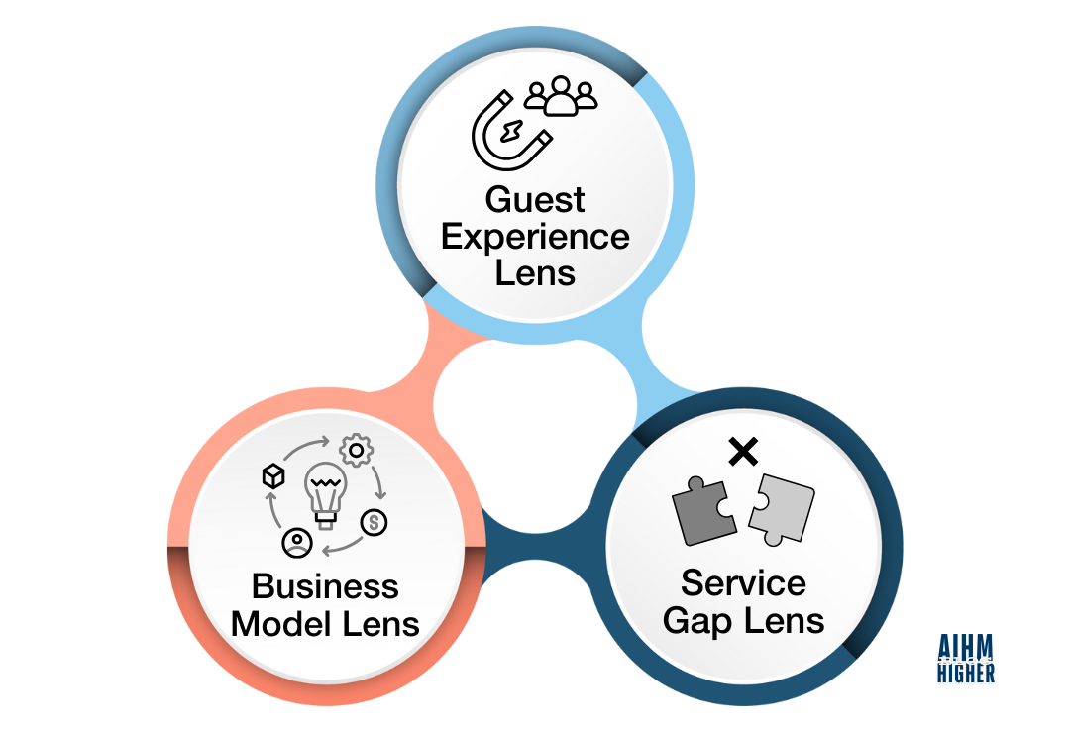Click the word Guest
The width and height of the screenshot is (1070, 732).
click(x=535, y=200)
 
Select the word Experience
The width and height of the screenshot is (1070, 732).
click(x=535, y=238)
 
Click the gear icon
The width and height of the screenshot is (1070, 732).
click(x=357, y=451)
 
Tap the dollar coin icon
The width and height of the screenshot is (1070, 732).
click(x=374, y=523)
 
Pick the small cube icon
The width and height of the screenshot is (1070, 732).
click(x=273, y=475)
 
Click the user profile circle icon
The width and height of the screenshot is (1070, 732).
click(x=297, y=543)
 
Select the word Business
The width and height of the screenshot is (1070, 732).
click(x=326, y=586)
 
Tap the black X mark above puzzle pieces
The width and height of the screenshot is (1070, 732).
click(x=743, y=452)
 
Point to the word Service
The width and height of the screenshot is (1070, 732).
click(x=743, y=583)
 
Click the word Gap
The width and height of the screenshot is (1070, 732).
click(x=697, y=622)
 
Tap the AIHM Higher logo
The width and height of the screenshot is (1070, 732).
click(x=966, y=659)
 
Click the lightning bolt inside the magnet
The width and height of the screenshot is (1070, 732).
click(x=512, y=131)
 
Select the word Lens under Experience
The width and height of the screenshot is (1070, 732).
click(x=535, y=272)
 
